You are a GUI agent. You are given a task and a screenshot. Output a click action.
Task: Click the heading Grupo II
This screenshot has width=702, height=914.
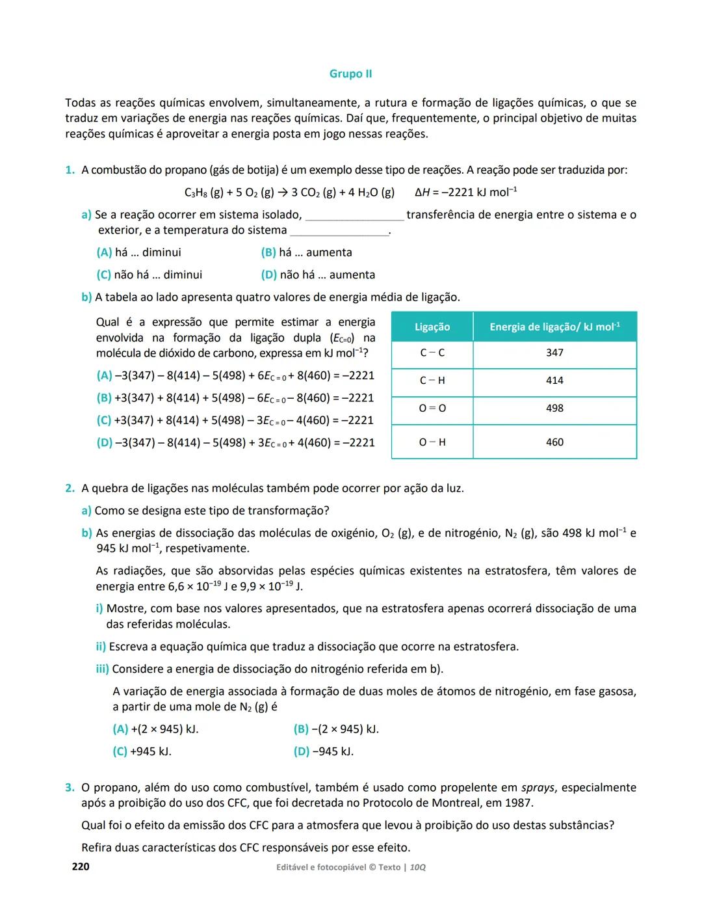[x=350, y=74]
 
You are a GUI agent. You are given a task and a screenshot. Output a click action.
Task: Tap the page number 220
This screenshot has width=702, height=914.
[x=81, y=867]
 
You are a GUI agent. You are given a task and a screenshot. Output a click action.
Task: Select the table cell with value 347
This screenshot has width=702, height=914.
[x=554, y=353]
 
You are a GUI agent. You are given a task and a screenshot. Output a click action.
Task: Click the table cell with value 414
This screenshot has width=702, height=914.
[x=554, y=381]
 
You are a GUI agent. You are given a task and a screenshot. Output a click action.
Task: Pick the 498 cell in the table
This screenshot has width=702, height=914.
[x=554, y=409]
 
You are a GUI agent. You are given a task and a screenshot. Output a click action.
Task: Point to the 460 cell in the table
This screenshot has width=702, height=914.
[x=554, y=442]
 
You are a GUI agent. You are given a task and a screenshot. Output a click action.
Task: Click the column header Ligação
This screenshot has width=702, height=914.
[x=432, y=327]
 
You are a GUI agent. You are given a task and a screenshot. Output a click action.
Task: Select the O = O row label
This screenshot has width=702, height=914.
[x=432, y=409]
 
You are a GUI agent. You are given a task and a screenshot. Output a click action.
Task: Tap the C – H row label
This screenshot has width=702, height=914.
[x=432, y=381]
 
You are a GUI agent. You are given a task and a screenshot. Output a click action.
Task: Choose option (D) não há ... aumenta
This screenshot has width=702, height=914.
[x=318, y=275]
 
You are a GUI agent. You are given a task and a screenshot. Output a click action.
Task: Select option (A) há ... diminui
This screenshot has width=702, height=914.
[x=138, y=252]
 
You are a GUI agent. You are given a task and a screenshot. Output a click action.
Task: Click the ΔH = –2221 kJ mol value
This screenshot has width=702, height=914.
[x=466, y=193]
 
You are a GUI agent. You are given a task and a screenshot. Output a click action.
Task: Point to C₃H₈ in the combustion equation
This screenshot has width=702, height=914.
[x=196, y=193]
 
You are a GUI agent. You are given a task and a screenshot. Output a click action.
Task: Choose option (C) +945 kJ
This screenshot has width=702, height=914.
[x=142, y=751]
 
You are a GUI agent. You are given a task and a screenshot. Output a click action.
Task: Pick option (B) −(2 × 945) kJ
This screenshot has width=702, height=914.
[x=335, y=729]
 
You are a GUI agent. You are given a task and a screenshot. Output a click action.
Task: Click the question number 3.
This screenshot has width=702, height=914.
[x=70, y=788]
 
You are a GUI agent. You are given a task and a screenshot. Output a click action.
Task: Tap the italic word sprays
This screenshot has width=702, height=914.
[x=538, y=788]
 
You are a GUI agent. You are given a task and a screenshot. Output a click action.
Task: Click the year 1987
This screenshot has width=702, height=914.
[x=517, y=803]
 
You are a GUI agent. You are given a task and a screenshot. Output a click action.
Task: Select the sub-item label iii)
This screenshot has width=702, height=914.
[x=103, y=669]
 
